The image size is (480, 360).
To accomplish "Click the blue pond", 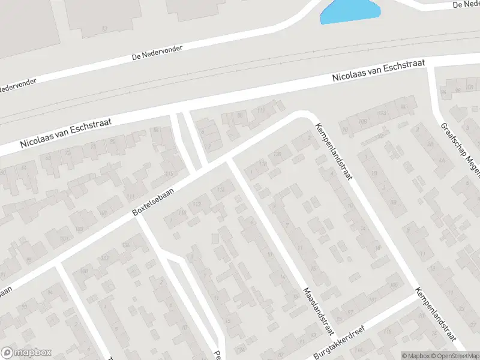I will tap(350, 11).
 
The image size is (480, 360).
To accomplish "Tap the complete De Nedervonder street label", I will tap(157, 53).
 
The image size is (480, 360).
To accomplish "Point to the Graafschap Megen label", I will tap(458, 150).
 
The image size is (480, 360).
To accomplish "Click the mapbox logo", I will tap(26, 352).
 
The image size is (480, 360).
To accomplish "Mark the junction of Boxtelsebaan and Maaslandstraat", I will tap(229, 161).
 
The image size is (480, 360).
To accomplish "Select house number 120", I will tap(277, 154).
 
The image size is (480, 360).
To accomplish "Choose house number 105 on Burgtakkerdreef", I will tap(394, 284).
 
